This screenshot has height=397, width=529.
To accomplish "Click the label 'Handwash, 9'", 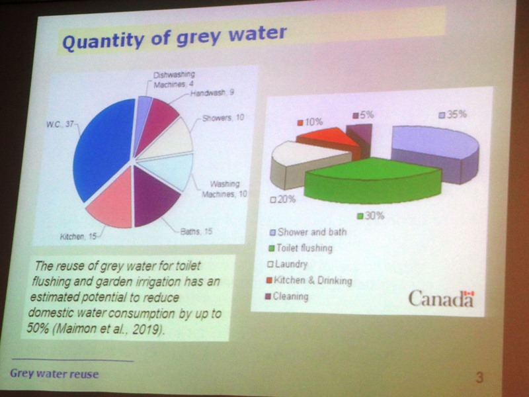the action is point(212,93).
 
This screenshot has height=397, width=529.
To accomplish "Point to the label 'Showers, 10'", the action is point(223,118).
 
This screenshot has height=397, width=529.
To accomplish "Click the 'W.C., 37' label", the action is point(60,124).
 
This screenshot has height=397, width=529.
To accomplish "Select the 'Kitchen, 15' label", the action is point(78,236).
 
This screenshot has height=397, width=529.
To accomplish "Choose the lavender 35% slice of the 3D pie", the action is point(435,148).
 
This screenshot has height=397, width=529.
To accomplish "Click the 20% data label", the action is point(283,199).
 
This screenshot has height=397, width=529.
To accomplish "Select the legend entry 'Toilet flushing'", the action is point(300,248).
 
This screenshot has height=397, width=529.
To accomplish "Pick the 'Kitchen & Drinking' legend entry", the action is point(309,280).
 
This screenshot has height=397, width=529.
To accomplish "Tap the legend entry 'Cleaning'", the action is point(287,296).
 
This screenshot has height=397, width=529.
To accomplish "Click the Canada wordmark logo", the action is point(441,298).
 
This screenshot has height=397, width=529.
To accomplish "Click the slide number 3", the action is point(479,377).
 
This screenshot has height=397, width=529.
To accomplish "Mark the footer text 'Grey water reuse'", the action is point(54,374).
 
